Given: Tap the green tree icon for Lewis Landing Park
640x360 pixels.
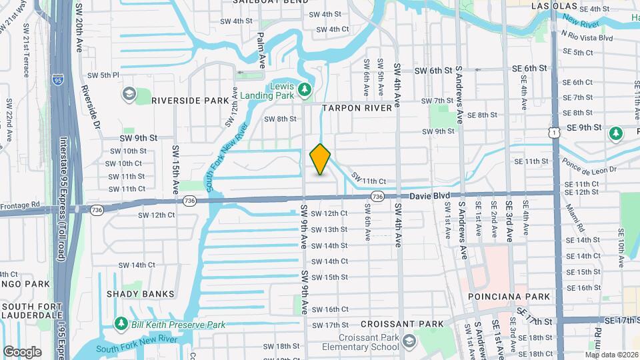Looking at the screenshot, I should pos(305,88).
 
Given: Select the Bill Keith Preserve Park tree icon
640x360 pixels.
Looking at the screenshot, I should pos(121,324).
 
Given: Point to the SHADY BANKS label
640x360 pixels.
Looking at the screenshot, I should pos(141,293).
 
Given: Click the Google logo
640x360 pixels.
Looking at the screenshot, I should pos(22,351).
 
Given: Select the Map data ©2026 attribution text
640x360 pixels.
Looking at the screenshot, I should pos(611,354).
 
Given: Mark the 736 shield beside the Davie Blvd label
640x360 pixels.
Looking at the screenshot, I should pos(377,196).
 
